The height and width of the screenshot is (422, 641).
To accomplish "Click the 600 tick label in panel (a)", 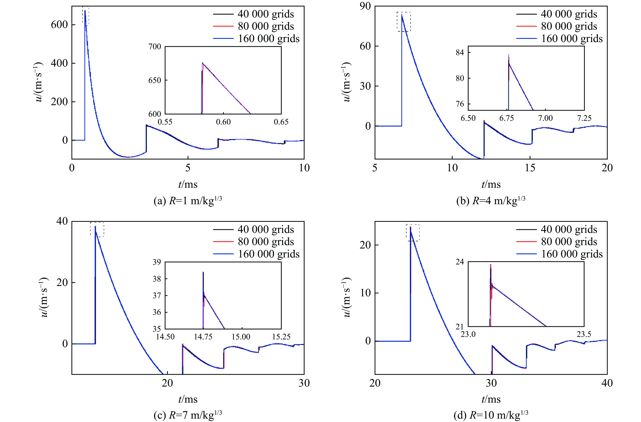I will coord(59,25).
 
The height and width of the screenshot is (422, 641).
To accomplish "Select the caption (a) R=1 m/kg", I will coord(188,201).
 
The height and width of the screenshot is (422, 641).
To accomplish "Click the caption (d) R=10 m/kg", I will coord(491,416).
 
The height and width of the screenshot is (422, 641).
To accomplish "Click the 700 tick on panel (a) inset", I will coord(155,47).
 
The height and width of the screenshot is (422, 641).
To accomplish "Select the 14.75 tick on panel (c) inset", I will coord(203,337).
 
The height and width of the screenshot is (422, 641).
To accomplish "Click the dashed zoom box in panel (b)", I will coord(404,22).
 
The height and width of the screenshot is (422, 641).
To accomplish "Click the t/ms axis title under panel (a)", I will coord(188,185).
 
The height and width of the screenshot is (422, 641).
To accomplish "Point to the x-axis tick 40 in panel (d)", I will coord(607,383).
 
